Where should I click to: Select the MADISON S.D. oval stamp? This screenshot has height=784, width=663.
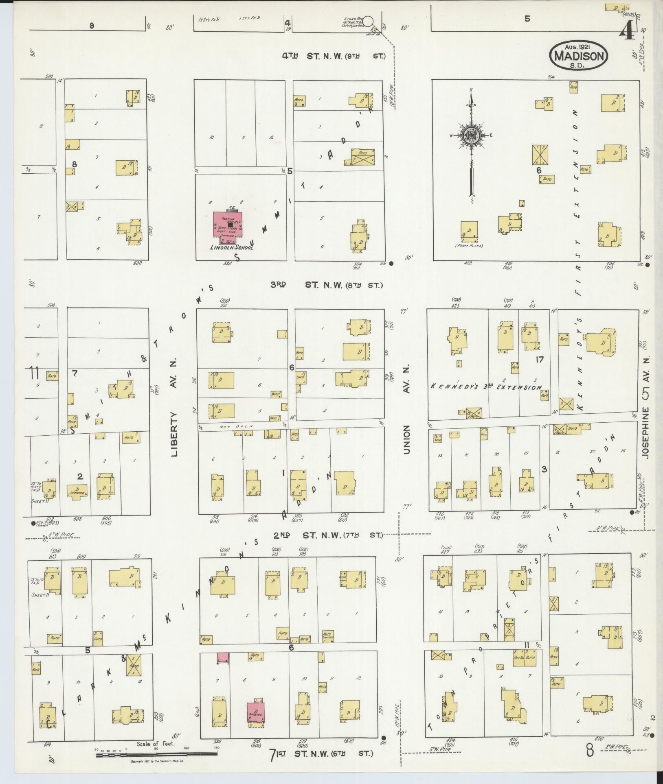[579, 56]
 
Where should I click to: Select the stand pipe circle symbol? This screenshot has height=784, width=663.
[368, 20]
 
